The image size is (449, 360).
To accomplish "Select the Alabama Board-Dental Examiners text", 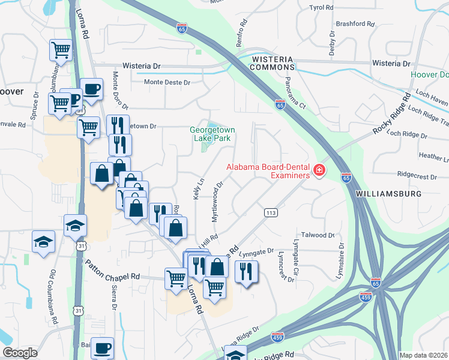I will point(267,171).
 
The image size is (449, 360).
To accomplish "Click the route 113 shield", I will point(270,212).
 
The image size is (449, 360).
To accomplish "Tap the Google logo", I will point(20,353).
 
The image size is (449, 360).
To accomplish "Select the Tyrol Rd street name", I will point(321,8).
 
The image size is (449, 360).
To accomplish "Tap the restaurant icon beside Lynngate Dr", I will point(246,271).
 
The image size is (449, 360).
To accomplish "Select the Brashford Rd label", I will point(355,25).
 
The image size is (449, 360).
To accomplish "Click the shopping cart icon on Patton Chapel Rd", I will point(175,278).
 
